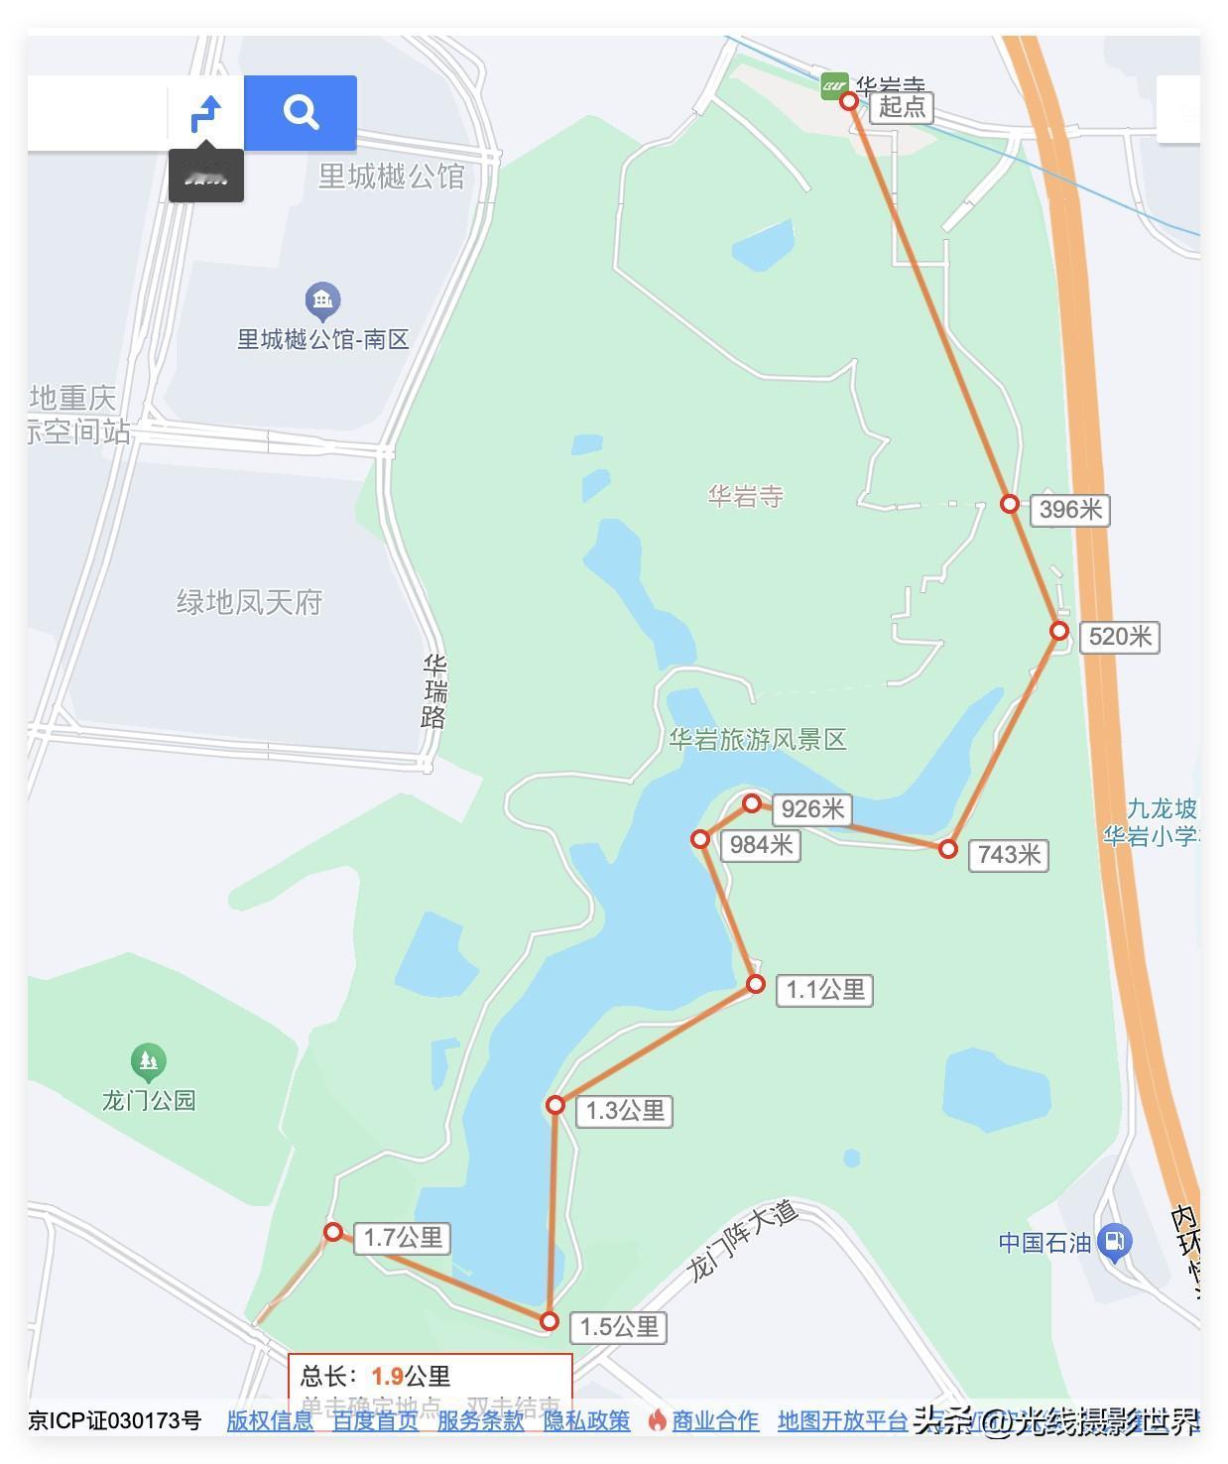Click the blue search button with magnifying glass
click(x=300, y=112)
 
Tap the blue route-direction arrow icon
click(x=206, y=113)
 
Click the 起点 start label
click(x=902, y=106)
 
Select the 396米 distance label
click(x=1070, y=510)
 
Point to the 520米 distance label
click(x=1120, y=637)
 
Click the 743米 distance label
click(x=1009, y=854)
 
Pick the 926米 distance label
click(x=812, y=809)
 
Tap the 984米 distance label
click(x=761, y=845)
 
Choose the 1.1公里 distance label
click(x=825, y=990)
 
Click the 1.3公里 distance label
click(x=625, y=1111)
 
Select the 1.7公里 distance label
click(x=403, y=1238)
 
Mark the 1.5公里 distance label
click(x=619, y=1327)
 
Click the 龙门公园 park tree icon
click(x=148, y=1062)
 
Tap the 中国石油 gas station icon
click(x=1116, y=1241)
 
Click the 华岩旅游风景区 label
click(x=757, y=740)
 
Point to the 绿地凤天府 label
click(x=249, y=602)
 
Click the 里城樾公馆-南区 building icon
click(x=322, y=299)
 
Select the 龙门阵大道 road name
click(x=742, y=1240)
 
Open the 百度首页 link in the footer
click(x=375, y=1420)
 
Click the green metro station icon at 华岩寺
click(x=834, y=86)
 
